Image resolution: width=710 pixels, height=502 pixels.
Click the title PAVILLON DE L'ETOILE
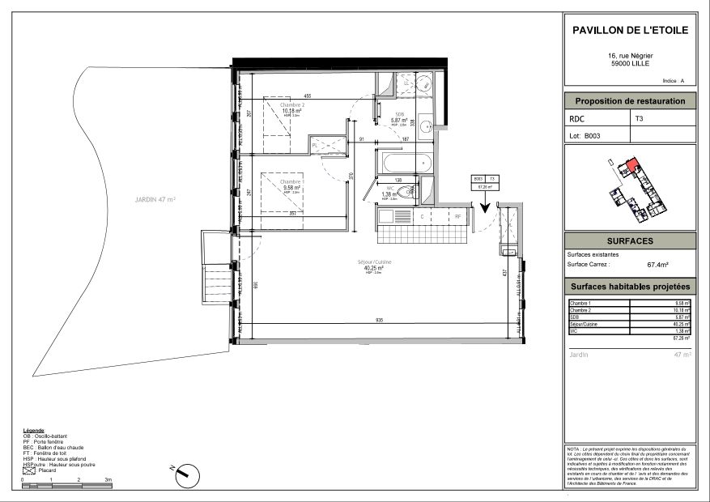click(630, 30)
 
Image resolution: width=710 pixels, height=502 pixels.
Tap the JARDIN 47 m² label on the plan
click(155, 198)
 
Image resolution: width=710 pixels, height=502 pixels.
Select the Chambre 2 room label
click(291, 105)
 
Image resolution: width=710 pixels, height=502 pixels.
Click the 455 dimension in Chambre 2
click(308, 96)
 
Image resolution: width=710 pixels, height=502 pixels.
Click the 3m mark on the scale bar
click(108, 479)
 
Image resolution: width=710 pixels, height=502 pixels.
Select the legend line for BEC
click(53, 448)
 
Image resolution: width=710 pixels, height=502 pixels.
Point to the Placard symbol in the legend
click(30, 470)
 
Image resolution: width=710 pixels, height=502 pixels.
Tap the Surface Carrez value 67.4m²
click(662, 264)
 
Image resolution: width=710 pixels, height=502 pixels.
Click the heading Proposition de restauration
click(630, 101)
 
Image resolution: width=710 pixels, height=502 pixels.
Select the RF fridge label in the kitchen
click(457, 216)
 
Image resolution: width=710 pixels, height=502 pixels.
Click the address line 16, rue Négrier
click(630, 56)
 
